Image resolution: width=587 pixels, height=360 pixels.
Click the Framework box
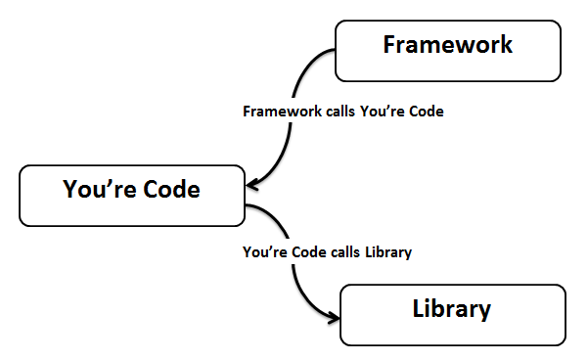[x=448, y=50]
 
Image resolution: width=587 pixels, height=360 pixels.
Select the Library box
[x=452, y=314]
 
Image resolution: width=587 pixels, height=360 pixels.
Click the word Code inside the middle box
[x=168, y=189]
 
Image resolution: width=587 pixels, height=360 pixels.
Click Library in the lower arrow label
[x=388, y=252]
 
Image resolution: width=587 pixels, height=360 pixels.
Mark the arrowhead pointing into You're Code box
[x=253, y=184]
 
